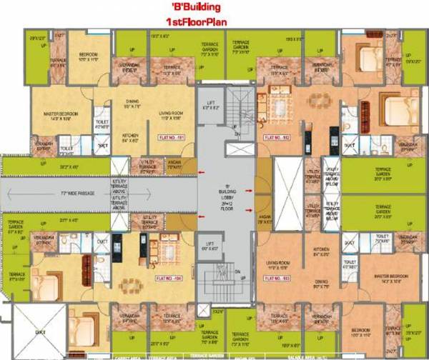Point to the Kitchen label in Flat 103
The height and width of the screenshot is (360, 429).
[x=319, y=251]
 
